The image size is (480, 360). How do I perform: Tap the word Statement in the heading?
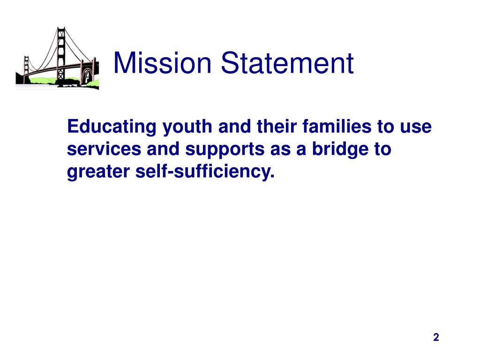pos(287,63)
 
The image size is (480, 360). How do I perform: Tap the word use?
pos(419,127)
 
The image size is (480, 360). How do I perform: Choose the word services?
pos(104,150)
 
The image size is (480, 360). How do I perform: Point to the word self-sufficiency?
pos(204,172)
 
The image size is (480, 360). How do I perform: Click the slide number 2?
pos(436,337)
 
